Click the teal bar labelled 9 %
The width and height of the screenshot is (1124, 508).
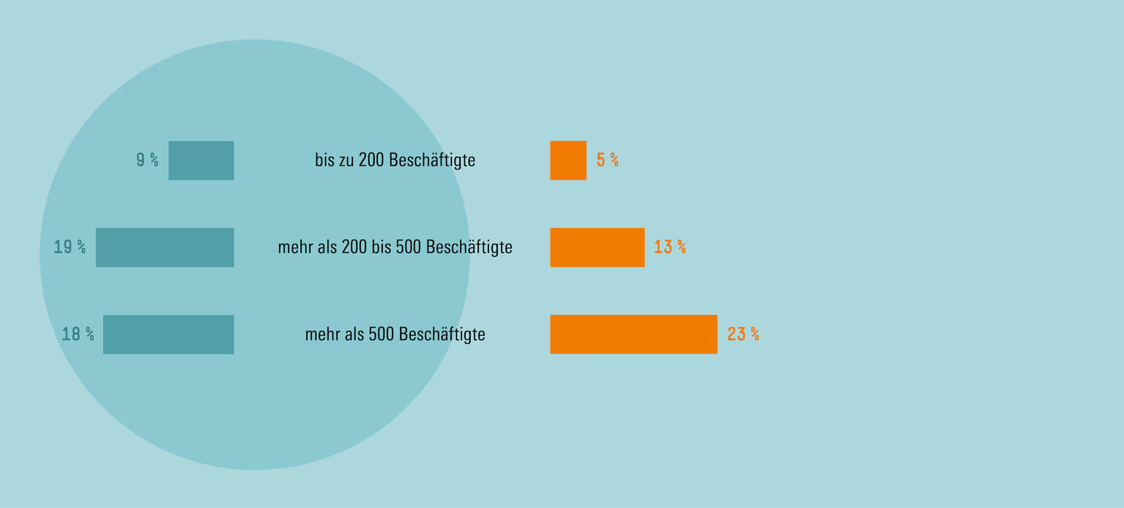201,161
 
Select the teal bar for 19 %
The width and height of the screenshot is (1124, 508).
165,248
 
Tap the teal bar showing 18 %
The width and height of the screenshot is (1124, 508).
168,334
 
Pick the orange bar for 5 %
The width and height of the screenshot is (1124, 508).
568,161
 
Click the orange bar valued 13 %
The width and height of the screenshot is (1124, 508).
598,248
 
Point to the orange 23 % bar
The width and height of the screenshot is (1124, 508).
633,334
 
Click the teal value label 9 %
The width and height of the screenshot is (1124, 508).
147,161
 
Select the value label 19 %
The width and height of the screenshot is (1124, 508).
70,248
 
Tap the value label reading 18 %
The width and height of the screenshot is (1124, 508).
78,334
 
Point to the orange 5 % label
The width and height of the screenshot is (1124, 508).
608,161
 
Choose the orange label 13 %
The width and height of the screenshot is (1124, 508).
670,248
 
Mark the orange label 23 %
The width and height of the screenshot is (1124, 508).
743,334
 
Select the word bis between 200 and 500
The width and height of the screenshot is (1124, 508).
382,247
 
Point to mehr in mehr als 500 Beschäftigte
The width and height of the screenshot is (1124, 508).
322,335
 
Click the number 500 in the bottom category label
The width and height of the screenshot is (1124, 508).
382,334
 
